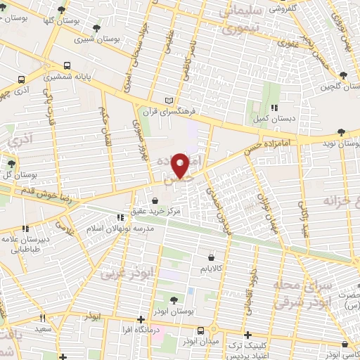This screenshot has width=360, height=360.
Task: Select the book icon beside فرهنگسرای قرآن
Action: coord(167,100)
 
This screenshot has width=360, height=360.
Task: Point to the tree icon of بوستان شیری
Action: coord(96,29)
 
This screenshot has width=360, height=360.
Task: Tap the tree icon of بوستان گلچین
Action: coord(342,75)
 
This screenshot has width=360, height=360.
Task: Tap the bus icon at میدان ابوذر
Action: coord(201,330)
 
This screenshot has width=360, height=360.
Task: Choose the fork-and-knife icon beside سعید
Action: coord(42,318)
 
